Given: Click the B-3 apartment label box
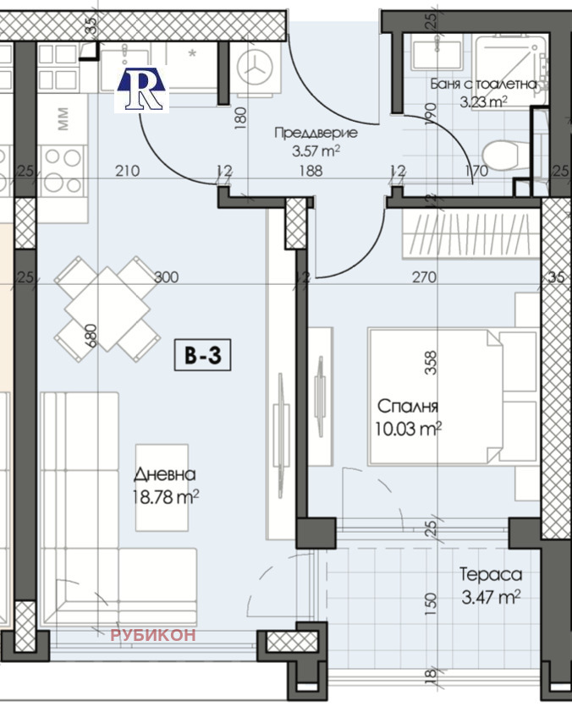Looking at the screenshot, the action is [x=203, y=354].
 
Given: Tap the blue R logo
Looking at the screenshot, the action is [x=141, y=90].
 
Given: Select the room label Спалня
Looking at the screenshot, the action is [x=408, y=406].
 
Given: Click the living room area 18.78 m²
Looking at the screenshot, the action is [x=166, y=496].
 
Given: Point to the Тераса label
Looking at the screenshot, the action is [x=491, y=574].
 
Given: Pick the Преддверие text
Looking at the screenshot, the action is [x=316, y=133].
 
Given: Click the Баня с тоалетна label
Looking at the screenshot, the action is [x=483, y=85].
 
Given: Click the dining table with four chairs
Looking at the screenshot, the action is [x=107, y=309].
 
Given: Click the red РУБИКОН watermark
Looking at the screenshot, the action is [x=153, y=635].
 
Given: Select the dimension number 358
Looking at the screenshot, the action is [x=431, y=363].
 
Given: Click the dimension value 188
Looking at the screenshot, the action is [x=311, y=171].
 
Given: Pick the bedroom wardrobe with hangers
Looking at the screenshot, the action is [x=470, y=233].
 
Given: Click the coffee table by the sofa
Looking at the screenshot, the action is [x=162, y=488].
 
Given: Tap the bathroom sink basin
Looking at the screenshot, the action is [x=437, y=53].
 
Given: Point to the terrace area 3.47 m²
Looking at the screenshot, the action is [x=491, y=597].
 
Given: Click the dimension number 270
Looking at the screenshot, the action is [x=424, y=277].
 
